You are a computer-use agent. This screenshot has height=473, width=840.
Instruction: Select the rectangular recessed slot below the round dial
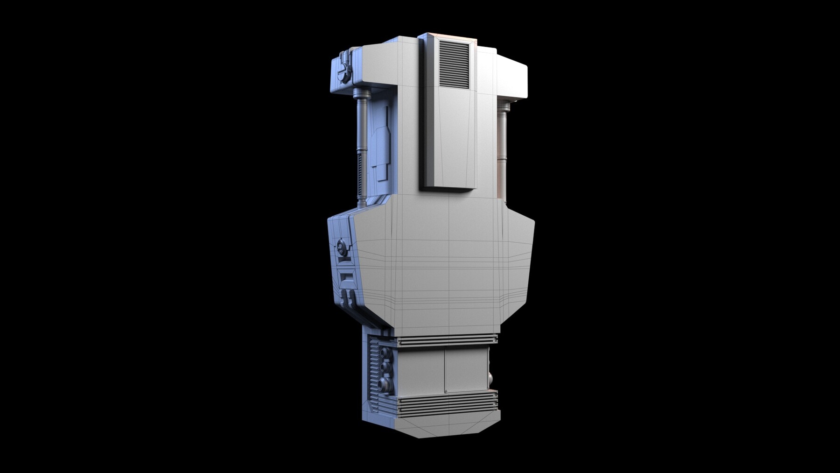click(x=347, y=280)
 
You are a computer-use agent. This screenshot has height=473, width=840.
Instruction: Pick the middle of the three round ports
click(x=385, y=368)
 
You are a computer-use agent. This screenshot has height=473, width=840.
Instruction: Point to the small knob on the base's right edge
click(x=490, y=377)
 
